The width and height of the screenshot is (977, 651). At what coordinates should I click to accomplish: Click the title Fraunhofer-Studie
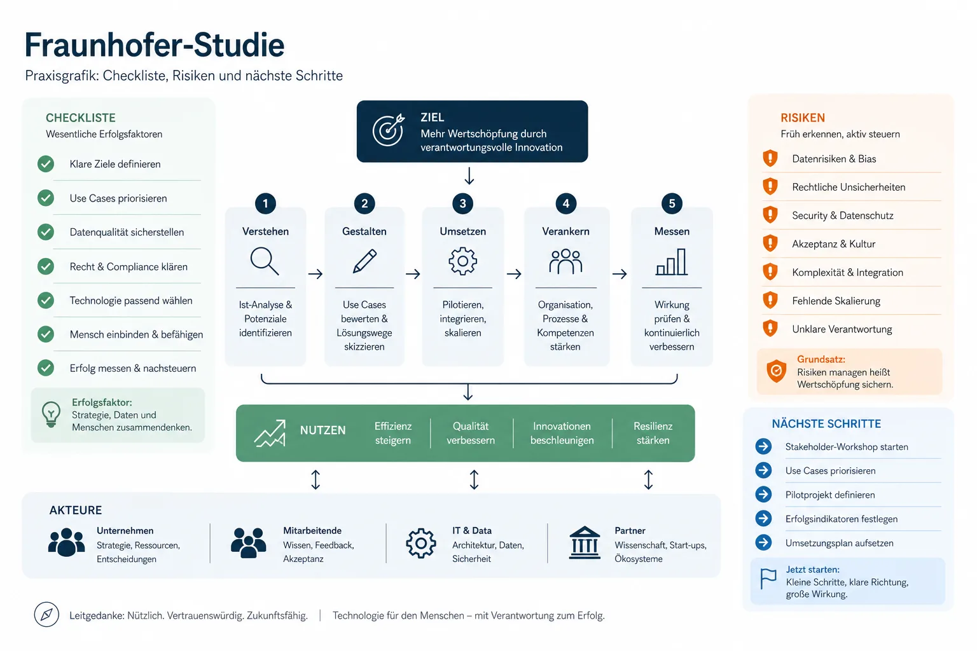(x=155, y=45)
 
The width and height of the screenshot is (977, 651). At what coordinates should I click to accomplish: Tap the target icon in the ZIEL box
(x=388, y=130)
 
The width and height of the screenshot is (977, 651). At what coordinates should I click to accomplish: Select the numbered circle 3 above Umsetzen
(x=463, y=203)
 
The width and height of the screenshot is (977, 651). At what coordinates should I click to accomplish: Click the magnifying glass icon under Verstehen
(x=265, y=261)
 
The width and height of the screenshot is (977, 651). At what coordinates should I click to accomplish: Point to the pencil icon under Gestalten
(x=364, y=261)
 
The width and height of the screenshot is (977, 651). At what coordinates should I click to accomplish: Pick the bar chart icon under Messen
(x=672, y=262)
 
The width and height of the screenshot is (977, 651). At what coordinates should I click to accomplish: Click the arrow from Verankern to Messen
(x=620, y=274)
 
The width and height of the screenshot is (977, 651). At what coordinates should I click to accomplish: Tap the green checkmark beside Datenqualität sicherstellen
(x=46, y=232)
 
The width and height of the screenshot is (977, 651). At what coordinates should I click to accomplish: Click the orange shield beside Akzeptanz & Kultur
(x=770, y=243)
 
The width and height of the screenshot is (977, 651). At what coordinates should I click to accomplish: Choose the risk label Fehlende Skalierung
(x=836, y=301)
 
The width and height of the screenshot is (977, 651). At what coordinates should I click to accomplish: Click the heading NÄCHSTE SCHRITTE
(x=826, y=424)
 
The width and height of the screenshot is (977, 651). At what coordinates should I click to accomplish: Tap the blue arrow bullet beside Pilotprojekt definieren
(x=763, y=494)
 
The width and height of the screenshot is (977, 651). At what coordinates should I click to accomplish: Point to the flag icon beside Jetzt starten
(x=768, y=579)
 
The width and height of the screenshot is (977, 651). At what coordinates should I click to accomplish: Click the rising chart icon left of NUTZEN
(x=270, y=433)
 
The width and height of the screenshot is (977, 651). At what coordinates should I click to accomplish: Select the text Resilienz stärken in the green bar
(x=653, y=433)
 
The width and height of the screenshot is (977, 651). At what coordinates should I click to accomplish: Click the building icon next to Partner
(x=585, y=542)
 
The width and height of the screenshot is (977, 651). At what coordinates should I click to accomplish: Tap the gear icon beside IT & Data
(x=421, y=544)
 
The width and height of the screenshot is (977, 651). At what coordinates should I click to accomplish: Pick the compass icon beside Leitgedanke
(x=46, y=614)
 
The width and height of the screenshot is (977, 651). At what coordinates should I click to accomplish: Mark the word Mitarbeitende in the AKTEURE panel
(x=312, y=531)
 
